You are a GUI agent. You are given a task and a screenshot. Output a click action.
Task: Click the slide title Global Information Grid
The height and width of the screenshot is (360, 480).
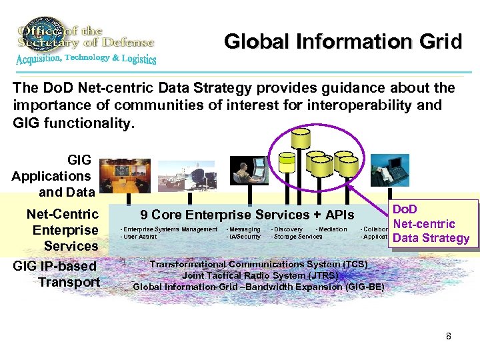tap(343, 42)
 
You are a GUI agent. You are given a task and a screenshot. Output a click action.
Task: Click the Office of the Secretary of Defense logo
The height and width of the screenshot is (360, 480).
tap(85, 41)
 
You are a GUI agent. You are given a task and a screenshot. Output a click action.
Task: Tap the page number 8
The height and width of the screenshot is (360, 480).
tap(449, 336)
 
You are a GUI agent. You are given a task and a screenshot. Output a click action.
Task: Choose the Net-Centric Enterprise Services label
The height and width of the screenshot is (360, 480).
tap(62, 230)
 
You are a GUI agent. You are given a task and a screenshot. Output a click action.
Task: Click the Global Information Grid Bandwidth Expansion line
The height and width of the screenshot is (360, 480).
tap(259, 287)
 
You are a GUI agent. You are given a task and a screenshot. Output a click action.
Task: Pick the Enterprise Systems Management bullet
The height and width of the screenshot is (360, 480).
tap(169, 229)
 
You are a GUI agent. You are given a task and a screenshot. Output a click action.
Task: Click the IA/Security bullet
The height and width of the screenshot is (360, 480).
tap(244, 237)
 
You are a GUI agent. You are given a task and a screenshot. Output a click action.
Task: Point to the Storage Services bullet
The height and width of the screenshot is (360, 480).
tap(297, 237)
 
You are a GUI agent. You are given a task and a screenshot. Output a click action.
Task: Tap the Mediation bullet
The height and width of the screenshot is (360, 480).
tap(331, 229)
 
